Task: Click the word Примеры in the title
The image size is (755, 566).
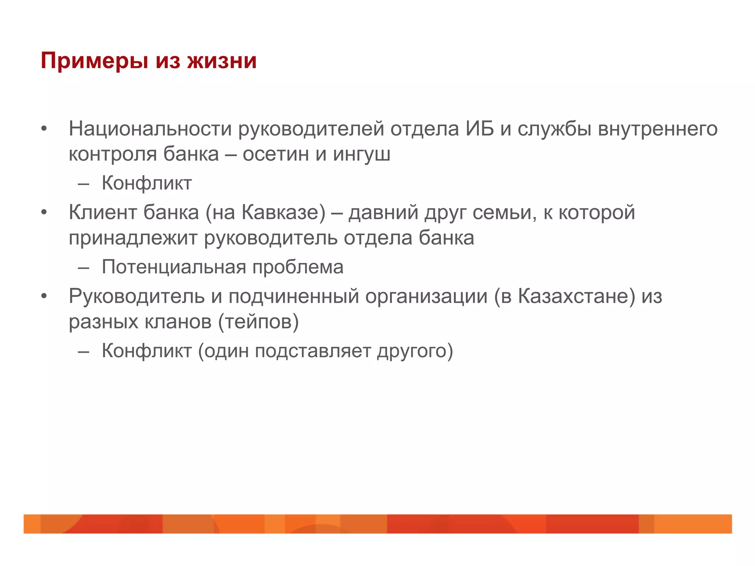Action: tap(95, 61)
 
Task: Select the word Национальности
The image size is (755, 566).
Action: tap(150, 129)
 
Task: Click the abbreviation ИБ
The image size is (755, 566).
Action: tap(479, 129)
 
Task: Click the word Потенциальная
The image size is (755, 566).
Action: tap(174, 267)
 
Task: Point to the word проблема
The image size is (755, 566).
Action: tap(298, 268)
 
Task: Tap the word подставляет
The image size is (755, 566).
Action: tap(313, 351)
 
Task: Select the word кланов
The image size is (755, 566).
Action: tap(178, 322)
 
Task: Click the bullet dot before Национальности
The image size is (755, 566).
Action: tap(44, 129)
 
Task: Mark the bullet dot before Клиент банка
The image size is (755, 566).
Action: tap(44, 213)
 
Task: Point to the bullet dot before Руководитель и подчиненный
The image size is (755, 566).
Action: tap(44, 296)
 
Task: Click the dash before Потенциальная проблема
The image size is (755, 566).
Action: tap(84, 268)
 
